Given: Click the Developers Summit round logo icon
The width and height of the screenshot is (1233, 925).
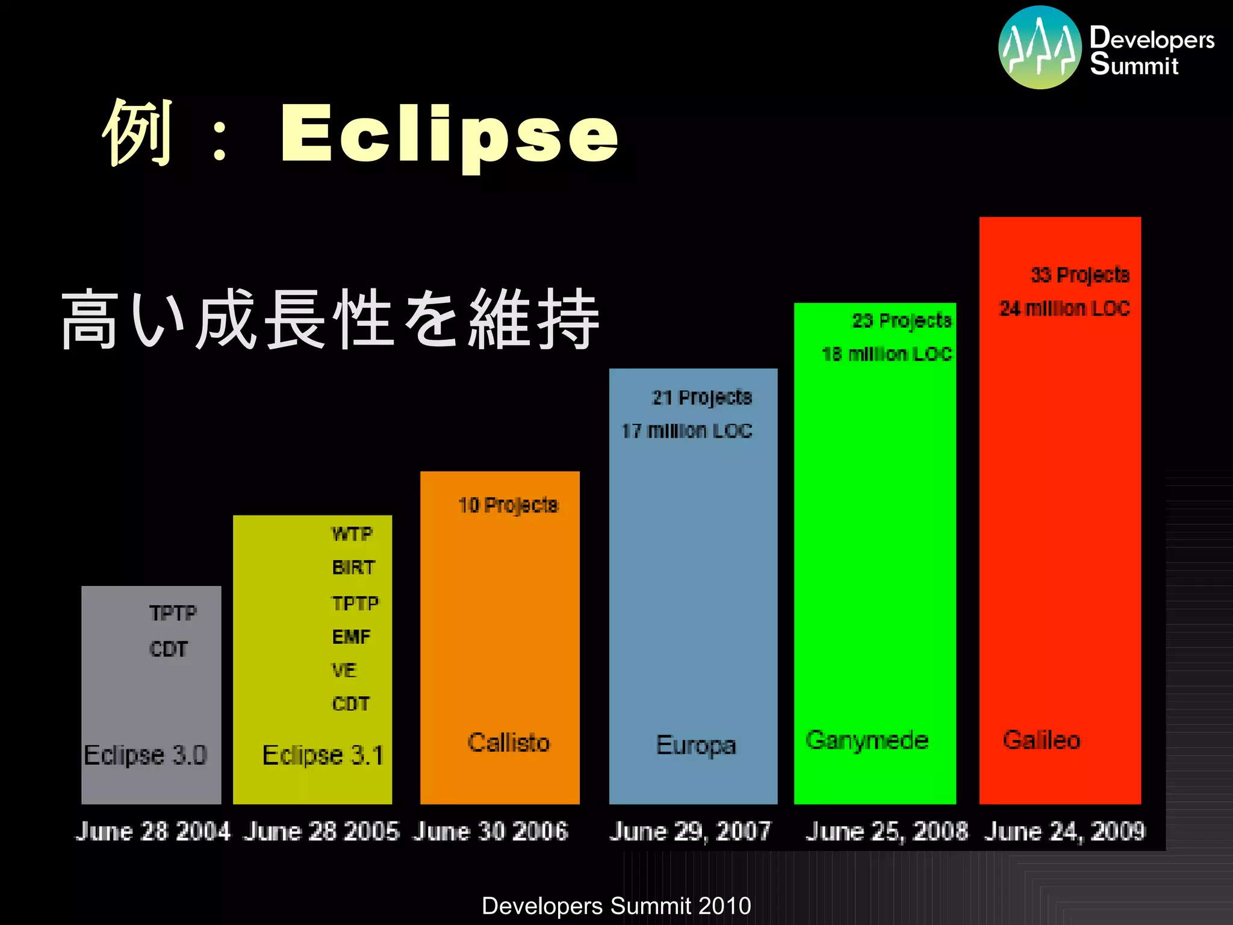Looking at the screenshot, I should click(x=1040, y=48).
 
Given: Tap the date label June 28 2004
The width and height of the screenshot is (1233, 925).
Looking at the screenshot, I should click(x=152, y=831).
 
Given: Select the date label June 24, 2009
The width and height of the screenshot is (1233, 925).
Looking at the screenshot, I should click(x=1064, y=831).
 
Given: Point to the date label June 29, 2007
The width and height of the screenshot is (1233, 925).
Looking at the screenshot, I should click(x=690, y=831).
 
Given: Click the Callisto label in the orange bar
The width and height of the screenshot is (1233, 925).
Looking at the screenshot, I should click(x=509, y=743).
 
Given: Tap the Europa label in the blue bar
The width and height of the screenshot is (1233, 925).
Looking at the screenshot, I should click(x=695, y=746).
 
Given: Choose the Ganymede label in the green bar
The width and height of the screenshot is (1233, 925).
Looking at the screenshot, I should click(x=867, y=740).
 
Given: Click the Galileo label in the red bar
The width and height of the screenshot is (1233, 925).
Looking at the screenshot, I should click(x=1042, y=740).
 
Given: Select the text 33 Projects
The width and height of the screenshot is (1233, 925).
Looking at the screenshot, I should click(x=1080, y=275).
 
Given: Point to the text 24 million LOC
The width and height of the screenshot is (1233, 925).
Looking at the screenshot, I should click(x=1064, y=308).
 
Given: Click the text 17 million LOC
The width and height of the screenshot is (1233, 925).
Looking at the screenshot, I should click(x=687, y=431).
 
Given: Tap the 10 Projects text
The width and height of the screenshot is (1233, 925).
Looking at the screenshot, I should click(x=508, y=505).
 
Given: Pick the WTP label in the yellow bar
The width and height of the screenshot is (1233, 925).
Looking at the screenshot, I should click(x=352, y=534).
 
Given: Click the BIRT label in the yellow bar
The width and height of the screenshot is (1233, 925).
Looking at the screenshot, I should click(x=353, y=567).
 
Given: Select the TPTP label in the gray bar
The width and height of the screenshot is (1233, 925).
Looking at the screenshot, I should click(x=173, y=613).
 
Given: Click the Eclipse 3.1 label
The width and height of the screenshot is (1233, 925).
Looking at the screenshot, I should click(x=323, y=755).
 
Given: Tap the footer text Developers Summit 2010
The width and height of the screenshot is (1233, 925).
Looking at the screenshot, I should click(x=616, y=906).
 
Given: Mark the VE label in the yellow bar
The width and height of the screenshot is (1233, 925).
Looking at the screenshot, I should click(x=344, y=670).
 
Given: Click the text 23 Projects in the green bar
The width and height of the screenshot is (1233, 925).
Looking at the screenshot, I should click(x=902, y=320).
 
